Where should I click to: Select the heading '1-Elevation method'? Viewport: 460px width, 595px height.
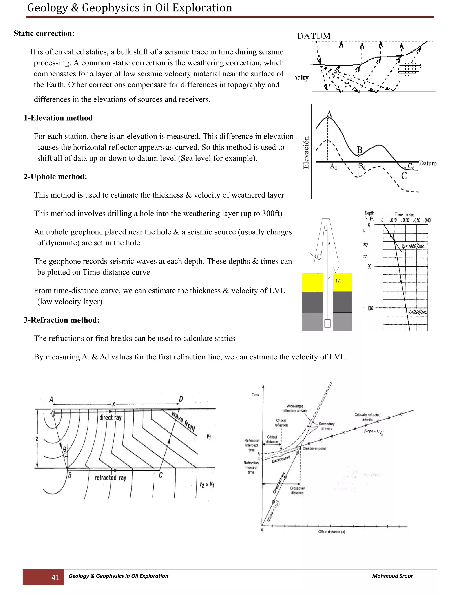[x=58, y=118]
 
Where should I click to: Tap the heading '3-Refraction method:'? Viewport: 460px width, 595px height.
[x=62, y=320]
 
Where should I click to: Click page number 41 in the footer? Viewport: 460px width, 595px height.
[x=56, y=577]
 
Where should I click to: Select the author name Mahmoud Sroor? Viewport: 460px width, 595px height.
[x=392, y=576]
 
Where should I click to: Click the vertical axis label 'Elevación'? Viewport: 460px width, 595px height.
[x=306, y=152]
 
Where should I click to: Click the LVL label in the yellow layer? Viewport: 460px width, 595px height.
[x=338, y=281]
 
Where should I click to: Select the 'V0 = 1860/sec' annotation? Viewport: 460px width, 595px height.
[x=413, y=246]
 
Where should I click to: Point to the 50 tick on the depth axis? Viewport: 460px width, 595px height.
[x=369, y=267]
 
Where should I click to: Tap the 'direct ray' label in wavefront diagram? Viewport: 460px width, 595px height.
[x=110, y=417]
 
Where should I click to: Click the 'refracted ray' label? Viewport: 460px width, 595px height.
[x=110, y=478]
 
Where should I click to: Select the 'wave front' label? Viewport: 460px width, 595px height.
[x=184, y=421]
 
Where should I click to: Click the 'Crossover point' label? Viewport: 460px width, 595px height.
[x=314, y=448]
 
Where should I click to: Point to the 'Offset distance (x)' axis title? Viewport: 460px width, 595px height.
[x=331, y=531]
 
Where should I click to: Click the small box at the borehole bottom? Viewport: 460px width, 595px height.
[x=327, y=323]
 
